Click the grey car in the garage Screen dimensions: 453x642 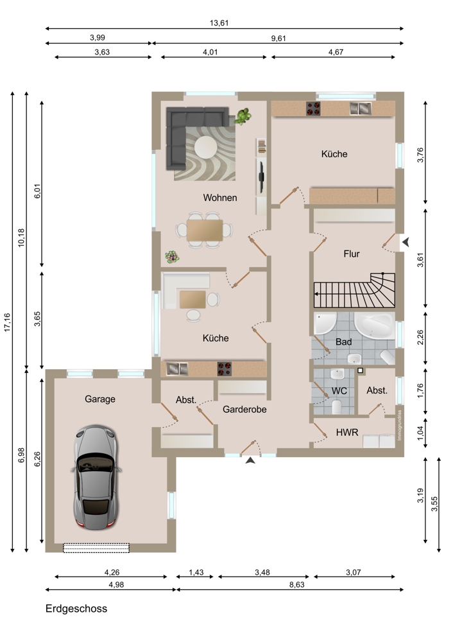coord(97,478)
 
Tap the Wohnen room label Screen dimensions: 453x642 coord(219,198)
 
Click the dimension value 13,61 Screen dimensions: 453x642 coord(219,23)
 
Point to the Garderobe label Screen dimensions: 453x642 coord(244,409)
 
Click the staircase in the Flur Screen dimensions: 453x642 coord(354,290)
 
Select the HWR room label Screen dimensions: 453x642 coord(347,432)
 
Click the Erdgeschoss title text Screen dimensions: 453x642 coord(76,609)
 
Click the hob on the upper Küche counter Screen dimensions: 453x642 coord(313,108)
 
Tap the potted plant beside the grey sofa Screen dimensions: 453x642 coord(243,116)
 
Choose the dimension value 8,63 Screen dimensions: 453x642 coord(296,585)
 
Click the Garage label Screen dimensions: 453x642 coord(100,399)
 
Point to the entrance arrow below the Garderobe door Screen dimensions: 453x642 coord(250,460)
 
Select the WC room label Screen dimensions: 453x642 coord(339,391)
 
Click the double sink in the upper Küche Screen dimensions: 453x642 coord(360,108)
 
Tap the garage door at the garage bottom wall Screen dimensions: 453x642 coord(96,548)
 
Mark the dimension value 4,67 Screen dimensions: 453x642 coord(336,52)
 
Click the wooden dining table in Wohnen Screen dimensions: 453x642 coord(205,230)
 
